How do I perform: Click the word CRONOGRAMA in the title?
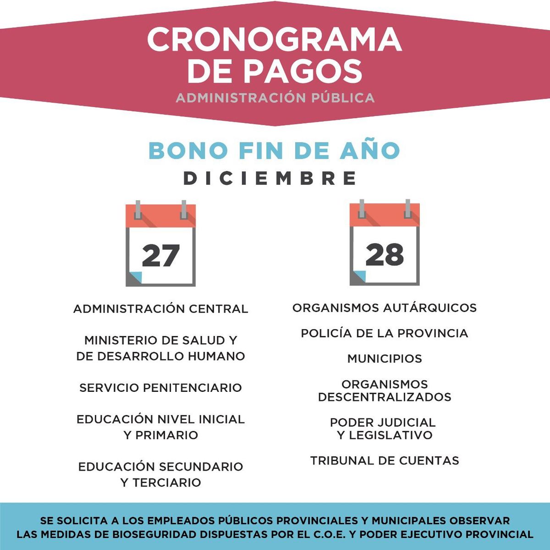click(274, 39)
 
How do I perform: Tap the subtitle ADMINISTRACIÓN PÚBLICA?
click(275, 98)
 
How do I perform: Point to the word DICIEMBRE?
click(270, 178)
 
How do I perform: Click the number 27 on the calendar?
click(160, 256)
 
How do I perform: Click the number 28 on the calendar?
click(385, 255)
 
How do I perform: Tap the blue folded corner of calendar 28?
click(359, 276)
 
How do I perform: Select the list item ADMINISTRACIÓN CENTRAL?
click(160, 309)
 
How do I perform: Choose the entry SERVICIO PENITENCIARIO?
click(160, 388)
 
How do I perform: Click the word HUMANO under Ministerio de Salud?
click(218, 356)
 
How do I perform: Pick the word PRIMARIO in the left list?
click(167, 435)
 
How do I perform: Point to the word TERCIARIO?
click(167, 482)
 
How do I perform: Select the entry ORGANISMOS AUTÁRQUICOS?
click(385, 308)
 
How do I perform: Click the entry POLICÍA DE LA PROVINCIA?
click(385, 333)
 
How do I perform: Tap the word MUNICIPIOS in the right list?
click(385, 358)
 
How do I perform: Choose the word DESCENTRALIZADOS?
click(385, 397)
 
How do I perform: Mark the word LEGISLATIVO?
click(390, 435)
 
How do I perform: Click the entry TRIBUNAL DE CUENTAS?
click(385, 461)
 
